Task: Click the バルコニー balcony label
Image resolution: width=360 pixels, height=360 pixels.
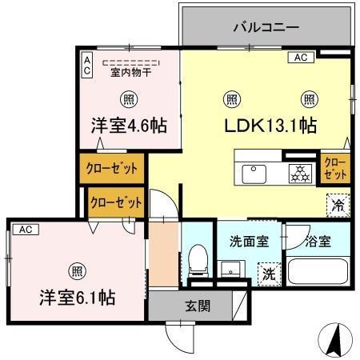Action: coord(266,27)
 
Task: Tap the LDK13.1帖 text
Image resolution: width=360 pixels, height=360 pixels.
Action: coord(272,126)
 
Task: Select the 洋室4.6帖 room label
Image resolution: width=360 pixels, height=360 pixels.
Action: coord(128,126)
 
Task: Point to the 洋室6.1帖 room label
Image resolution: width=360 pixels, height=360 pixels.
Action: coord(77,297)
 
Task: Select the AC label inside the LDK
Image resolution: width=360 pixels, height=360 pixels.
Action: coord(301,58)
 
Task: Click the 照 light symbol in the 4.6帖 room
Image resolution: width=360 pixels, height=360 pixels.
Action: coord(128,99)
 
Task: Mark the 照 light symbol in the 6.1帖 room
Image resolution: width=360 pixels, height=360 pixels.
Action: coord(77,270)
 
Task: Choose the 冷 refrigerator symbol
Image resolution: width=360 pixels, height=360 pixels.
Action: coord(337,204)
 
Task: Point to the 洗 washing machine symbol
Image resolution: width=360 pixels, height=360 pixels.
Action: coord(269,271)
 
